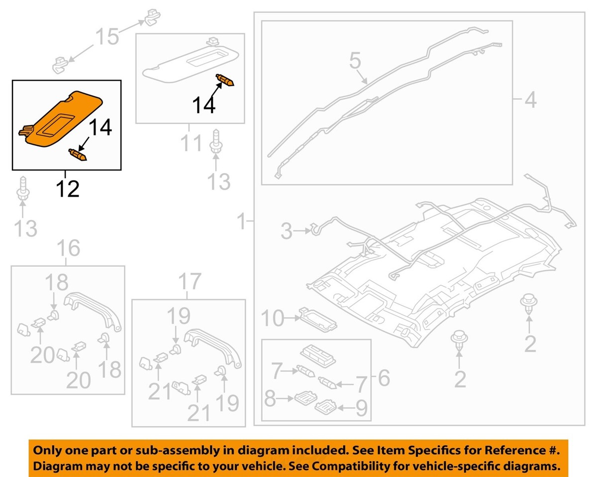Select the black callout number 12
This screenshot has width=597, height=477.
[x=67, y=189]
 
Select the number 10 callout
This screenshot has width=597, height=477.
[x=272, y=319]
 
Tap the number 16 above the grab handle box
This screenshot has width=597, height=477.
[x=68, y=247]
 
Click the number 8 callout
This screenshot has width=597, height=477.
[x=270, y=399]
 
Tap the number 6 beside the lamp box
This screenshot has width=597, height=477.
[x=384, y=378]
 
